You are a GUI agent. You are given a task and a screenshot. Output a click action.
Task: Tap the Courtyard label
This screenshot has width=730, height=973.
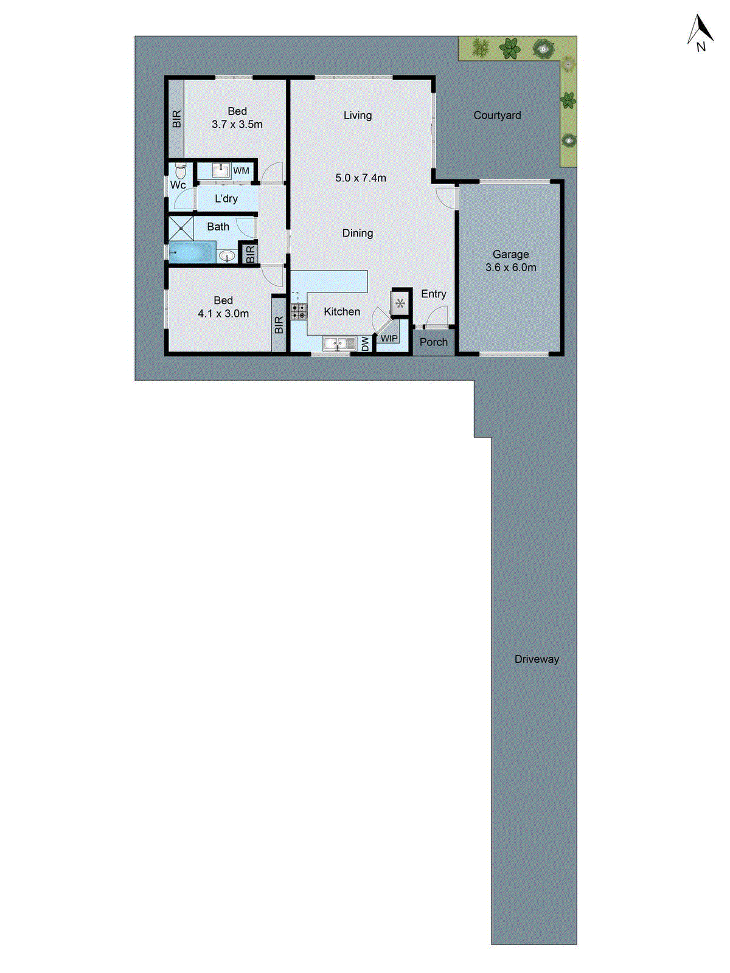(x=497, y=115)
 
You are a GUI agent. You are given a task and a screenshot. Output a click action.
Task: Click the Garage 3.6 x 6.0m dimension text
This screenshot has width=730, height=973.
(x=511, y=268)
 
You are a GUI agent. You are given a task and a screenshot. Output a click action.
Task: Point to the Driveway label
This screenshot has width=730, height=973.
(x=536, y=659)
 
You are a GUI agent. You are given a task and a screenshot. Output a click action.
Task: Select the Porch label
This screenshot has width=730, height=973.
(x=433, y=342)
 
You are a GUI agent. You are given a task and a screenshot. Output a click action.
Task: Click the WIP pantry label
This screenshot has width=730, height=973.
(x=389, y=339)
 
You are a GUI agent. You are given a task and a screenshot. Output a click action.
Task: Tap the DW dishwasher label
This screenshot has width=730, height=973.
(x=365, y=344)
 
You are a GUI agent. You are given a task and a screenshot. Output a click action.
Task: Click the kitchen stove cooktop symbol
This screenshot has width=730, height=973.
(x=298, y=312)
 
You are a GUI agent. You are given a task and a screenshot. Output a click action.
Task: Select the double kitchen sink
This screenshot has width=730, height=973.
(x=339, y=344)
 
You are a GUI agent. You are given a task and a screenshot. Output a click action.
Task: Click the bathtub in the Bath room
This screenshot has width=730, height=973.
(x=191, y=252)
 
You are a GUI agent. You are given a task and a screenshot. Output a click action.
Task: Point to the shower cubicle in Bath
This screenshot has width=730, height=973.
(x=181, y=228)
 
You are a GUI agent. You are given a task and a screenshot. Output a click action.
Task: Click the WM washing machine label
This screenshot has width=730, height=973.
(x=241, y=171)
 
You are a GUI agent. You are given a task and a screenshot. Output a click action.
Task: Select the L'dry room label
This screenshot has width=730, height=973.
(x=226, y=199)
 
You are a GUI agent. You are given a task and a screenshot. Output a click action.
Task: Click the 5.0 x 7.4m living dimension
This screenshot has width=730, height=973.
(x=361, y=178)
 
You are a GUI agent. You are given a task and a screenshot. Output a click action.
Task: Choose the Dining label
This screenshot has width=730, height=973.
(x=357, y=233)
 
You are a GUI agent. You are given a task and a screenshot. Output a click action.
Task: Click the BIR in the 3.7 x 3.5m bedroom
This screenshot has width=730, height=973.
(x=177, y=119)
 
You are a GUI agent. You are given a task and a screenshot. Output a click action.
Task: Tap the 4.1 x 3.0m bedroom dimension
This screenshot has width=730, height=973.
(x=223, y=314)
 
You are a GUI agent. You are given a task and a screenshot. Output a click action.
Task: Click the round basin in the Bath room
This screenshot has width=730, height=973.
(x=226, y=257)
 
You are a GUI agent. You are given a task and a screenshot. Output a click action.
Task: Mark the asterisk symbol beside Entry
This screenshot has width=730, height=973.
(x=400, y=303)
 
